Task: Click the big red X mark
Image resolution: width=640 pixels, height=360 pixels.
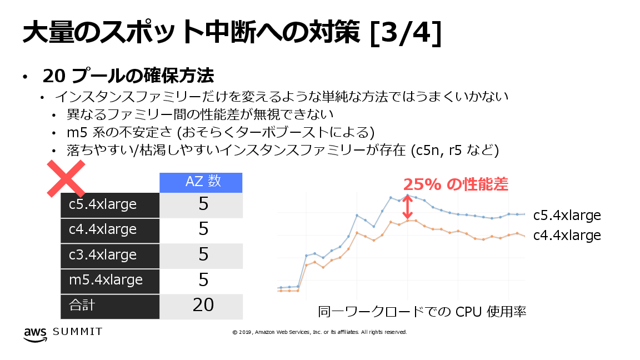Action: [65, 178]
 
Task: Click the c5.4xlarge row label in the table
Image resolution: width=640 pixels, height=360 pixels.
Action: [103, 204]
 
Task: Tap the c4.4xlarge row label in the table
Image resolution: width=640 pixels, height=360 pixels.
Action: [103, 229]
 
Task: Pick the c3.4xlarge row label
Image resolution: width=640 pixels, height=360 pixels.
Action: [103, 254]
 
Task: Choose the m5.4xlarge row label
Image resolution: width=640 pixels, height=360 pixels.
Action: [106, 279]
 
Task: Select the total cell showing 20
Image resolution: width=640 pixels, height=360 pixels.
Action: [203, 305]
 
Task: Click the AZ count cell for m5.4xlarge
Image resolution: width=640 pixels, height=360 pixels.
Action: [203, 279]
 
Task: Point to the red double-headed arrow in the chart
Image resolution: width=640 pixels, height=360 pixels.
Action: [408, 207]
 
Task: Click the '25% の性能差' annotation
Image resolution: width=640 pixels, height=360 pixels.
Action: [456, 184]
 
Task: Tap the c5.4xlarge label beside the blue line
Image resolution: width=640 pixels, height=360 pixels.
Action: [567, 216]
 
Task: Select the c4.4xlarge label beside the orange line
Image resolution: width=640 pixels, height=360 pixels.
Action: [567, 236]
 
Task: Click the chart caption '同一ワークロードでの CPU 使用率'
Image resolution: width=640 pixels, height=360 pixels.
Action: [422, 311]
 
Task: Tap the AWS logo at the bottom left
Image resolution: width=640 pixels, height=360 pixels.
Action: [34, 333]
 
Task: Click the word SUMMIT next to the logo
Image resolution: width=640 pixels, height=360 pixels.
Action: [78, 332]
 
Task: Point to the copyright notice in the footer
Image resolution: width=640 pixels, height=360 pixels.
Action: [319, 332]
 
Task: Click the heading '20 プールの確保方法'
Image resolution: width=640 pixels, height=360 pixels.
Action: [128, 76]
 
